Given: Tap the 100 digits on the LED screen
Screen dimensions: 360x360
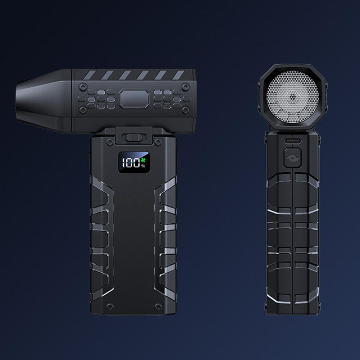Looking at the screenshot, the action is (x=131, y=163).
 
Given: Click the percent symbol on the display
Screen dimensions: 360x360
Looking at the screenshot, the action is (x=143, y=166).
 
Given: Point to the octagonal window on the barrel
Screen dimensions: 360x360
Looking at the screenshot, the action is (x=134, y=99).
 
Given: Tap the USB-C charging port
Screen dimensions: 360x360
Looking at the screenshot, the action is (x=292, y=140).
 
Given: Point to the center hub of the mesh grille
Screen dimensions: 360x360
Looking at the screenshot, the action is (x=292, y=97).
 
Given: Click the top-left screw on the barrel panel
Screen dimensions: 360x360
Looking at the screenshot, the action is (x=82, y=87).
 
